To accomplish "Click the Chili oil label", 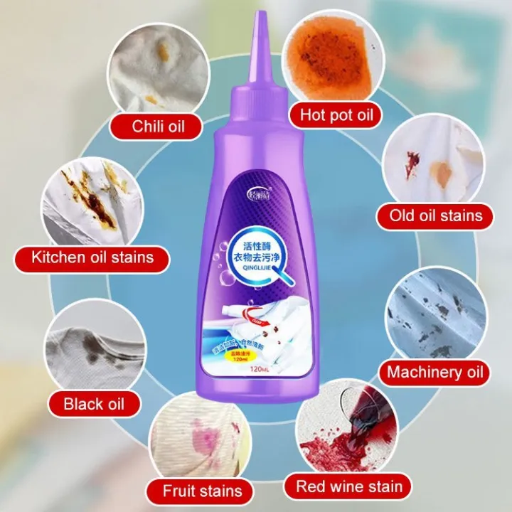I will click(x=157, y=127).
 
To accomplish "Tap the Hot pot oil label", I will click(x=336, y=114).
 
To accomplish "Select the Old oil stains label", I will click(x=435, y=214).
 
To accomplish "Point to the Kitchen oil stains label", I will click(x=92, y=256).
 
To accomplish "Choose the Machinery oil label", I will click(x=434, y=371).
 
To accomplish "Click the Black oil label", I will click(x=93, y=404).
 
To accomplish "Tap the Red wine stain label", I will click(x=349, y=487).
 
